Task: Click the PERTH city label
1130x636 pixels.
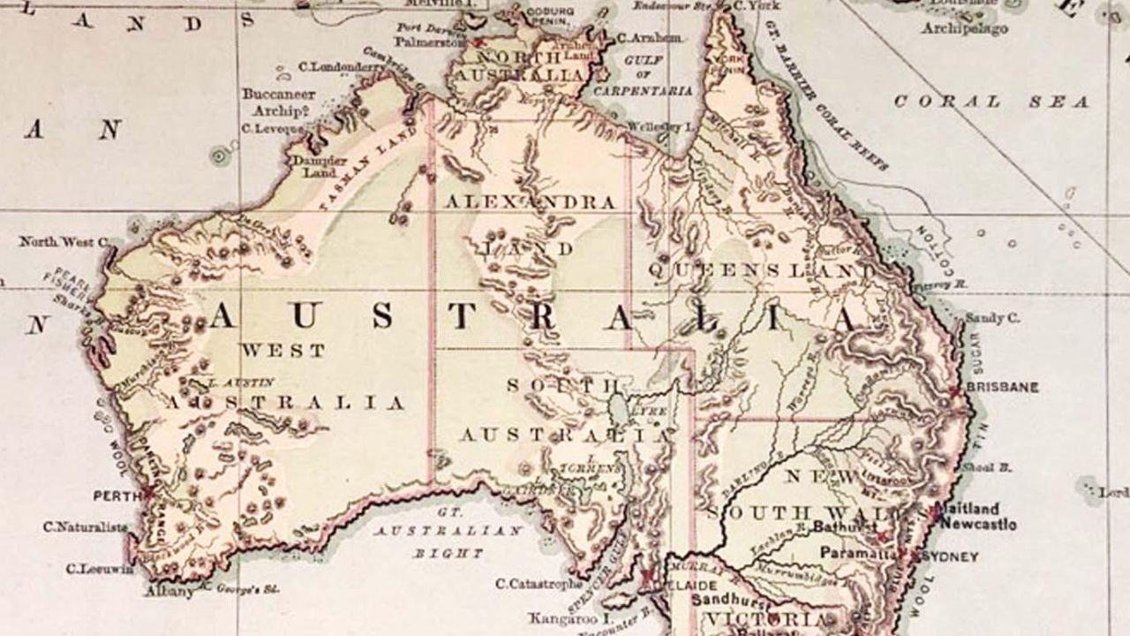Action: [117, 496]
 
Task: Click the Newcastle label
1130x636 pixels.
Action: [977, 524]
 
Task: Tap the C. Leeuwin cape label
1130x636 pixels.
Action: [100, 569]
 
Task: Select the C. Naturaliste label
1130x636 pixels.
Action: [85, 526]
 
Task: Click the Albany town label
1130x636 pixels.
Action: [169, 591]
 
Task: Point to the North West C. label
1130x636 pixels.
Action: [64, 241]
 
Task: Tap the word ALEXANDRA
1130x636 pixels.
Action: [530, 202]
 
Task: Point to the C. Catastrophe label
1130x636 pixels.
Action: [539, 583]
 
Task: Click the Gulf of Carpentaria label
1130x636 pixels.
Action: [643, 75]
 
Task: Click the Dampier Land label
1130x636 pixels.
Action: [314, 167]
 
